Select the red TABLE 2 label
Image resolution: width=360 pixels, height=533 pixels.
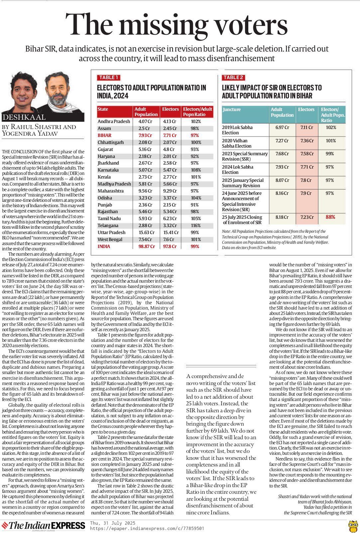pos(233,77)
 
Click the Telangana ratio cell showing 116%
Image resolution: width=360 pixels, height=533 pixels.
pos(196,225)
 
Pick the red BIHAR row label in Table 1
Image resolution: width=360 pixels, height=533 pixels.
pos(104,135)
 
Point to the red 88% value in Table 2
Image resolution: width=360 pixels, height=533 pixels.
pos(330,217)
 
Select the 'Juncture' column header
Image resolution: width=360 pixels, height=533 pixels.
pos(232,109)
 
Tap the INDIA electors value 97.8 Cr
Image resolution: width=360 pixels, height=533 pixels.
pos(170,246)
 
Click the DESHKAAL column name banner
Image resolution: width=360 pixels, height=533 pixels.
pos(24,117)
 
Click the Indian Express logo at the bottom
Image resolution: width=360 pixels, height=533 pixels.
pos(43,525)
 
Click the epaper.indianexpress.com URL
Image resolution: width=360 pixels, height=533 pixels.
pos(147,528)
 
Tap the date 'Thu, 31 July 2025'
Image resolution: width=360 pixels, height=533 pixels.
pos(113,523)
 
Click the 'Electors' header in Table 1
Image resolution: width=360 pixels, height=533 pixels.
pos(170,109)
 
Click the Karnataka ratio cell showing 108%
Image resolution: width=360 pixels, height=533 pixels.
pos(196,170)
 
